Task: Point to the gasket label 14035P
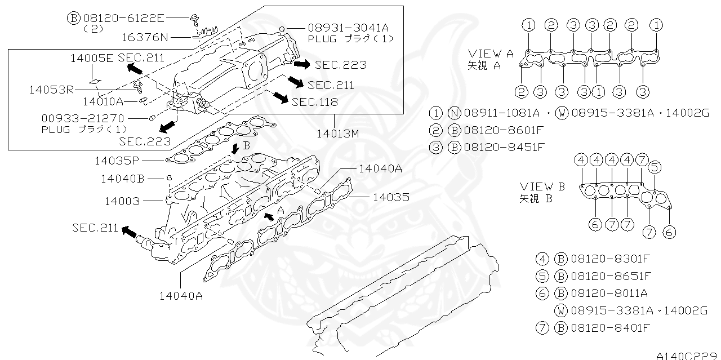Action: point(117,161)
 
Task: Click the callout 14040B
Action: point(123,179)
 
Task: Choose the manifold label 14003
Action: point(122,201)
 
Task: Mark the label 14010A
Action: point(103,101)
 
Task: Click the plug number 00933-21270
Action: point(83,119)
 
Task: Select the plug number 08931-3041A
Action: point(348,28)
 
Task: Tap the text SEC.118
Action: point(315,102)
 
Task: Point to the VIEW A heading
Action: point(491,54)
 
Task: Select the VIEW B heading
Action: point(542,186)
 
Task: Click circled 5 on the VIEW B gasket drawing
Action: point(653,167)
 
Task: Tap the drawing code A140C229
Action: point(688,355)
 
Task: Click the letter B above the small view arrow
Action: point(246,145)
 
